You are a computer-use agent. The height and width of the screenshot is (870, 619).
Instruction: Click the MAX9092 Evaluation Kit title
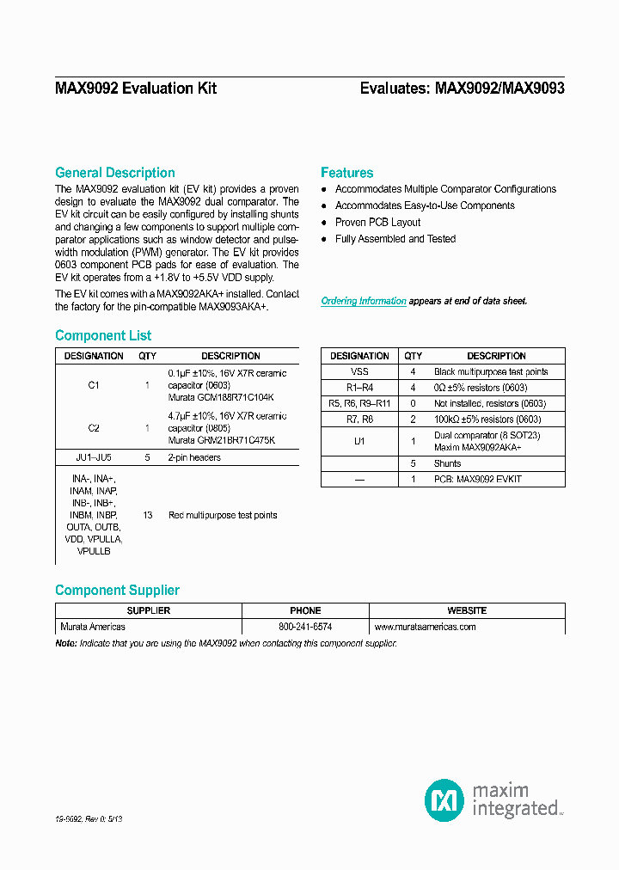pos(136,89)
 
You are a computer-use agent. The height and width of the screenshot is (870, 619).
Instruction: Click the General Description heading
pos(114,173)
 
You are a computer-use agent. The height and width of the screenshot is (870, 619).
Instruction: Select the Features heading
pos(346,173)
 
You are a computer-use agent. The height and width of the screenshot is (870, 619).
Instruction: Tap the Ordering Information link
pos(364,301)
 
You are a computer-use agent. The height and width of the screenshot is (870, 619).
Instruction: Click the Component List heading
pos(103,335)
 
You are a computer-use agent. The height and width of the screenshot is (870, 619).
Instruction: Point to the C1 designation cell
pos(94,386)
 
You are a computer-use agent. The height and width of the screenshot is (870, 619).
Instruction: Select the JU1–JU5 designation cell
pos(94,457)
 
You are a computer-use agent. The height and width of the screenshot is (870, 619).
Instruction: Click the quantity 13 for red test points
pos(148,515)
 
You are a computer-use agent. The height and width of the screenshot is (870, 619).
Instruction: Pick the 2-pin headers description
pos(194,457)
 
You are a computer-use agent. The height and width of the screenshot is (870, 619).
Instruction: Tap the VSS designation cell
pos(359,371)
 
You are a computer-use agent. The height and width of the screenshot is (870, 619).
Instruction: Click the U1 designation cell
pos(359,441)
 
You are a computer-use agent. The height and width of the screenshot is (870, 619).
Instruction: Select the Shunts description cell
pos(447,463)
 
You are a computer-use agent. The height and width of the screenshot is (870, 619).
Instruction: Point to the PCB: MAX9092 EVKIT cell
pos(477,479)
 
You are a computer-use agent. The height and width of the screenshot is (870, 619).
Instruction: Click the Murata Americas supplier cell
pos(92,627)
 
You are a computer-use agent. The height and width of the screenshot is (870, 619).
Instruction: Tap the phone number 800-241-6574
pos(305,627)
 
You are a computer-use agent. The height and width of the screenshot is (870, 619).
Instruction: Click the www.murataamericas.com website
pos(425,627)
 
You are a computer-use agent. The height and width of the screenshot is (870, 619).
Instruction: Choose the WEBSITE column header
pos(467,610)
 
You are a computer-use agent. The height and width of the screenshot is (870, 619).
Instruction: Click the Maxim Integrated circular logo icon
pos(444,800)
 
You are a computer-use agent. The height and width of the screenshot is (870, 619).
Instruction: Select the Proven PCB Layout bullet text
pos(377,223)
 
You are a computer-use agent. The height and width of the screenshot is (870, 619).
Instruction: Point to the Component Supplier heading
pos(117,590)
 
